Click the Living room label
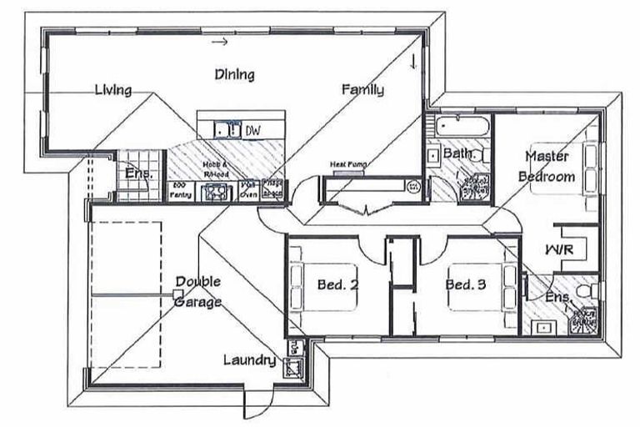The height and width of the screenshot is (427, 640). tap(112, 89)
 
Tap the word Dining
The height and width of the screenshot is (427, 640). tap(234, 74)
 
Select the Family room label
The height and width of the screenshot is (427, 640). tap(362, 89)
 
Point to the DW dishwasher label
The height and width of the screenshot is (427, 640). tap(252, 130)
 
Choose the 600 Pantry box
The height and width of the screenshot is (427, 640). tap(180, 190)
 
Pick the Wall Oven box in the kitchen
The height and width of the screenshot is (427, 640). tap(248, 190)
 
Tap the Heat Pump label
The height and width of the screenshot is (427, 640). tap(347, 164)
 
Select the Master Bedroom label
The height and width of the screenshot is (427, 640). tap(547, 166)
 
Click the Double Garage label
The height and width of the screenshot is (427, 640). tap(197, 292)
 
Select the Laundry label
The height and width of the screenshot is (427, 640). tap(249, 360)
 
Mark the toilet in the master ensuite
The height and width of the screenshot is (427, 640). tap(588, 290)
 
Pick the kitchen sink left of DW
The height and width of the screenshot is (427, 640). tap(224, 129)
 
